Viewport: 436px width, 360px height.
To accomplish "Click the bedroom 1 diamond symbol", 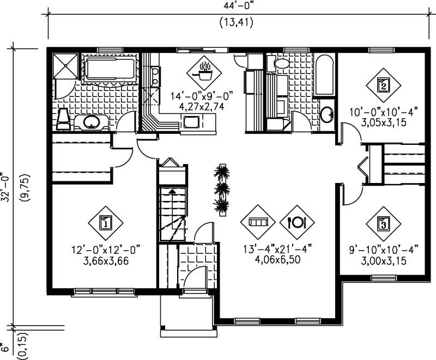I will (105, 222).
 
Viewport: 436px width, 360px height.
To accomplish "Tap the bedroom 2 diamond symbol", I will (383, 84).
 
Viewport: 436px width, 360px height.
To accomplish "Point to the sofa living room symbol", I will (257, 222).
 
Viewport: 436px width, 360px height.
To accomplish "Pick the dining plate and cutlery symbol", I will (297, 222).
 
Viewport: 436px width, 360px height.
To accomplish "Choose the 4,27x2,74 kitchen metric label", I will (201, 106).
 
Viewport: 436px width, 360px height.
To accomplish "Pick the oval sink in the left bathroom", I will (90, 121).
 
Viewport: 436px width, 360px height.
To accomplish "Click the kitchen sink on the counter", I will (192, 122).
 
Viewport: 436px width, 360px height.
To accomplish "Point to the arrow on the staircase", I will (172, 191).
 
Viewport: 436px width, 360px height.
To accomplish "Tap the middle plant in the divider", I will (222, 190).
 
